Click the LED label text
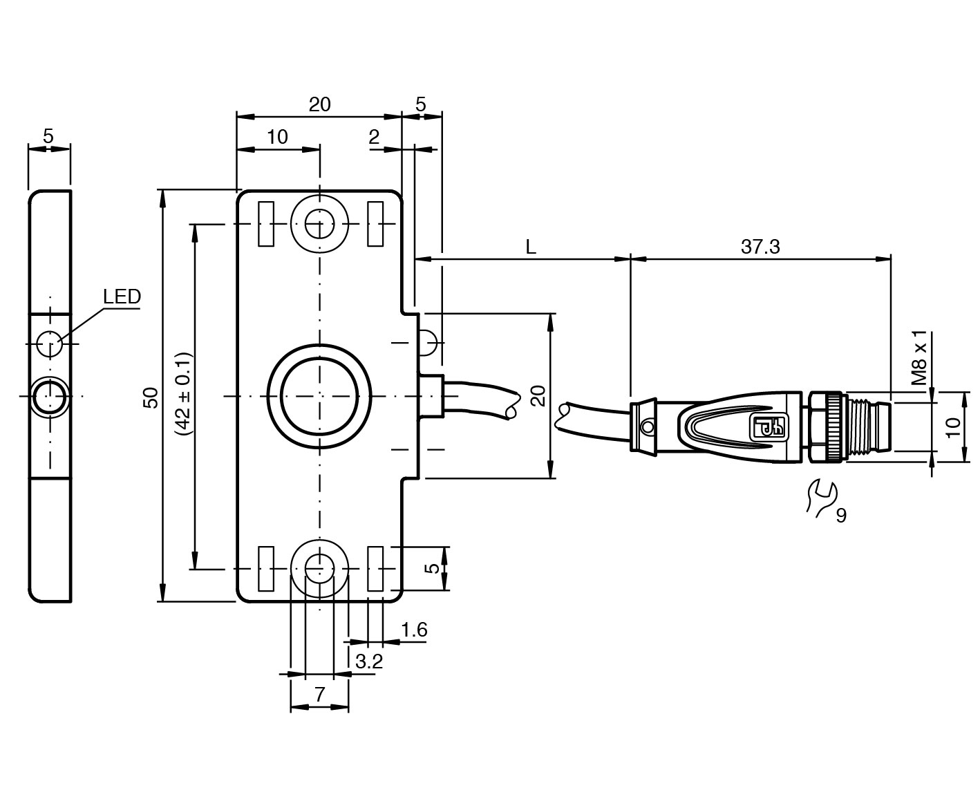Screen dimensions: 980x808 [122, 297]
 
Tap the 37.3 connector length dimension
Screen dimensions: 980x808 [760, 247]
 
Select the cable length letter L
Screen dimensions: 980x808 [531, 247]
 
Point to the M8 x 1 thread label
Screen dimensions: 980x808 [920, 358]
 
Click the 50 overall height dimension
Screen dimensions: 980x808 [151, 397]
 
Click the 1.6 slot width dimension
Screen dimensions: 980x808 [415, 630]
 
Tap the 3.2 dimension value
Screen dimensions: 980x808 [369, 661]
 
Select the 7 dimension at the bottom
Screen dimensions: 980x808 [319, 695]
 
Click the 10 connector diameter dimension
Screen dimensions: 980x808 [953, 427]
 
